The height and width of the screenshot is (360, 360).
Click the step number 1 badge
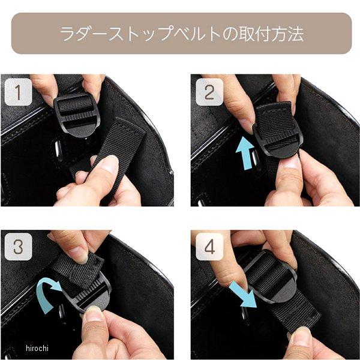pos(18,92)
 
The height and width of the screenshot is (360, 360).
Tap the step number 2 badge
pos(209,92)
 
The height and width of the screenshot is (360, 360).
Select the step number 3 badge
pos(18,247)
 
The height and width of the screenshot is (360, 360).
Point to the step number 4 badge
pos(209,247)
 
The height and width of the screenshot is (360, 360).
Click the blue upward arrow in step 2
pos(245,153)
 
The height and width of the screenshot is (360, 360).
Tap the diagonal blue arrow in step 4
pos(244,295)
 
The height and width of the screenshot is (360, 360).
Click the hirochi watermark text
pos(37,348)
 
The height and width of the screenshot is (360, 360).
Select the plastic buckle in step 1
pos(77,115)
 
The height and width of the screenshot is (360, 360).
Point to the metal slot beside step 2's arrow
pos(255,158)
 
